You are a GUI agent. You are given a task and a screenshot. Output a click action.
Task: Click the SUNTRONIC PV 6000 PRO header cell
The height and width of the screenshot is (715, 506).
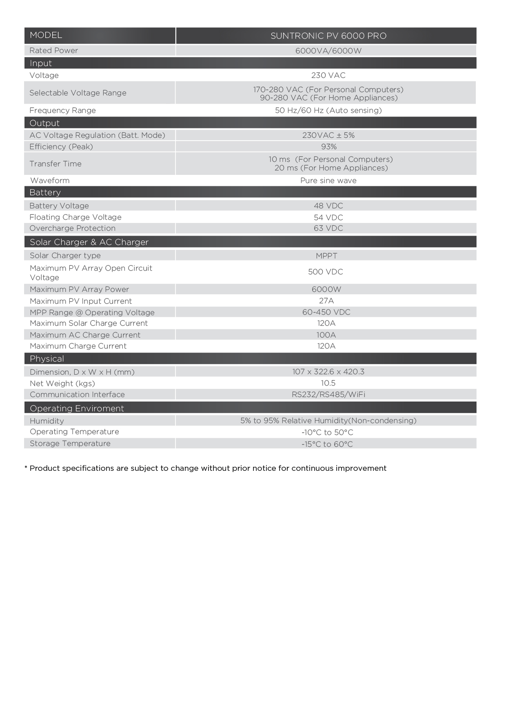click(x=328, y=36)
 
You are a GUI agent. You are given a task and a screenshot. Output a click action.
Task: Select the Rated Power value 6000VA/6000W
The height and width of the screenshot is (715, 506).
click(x=328, y=51)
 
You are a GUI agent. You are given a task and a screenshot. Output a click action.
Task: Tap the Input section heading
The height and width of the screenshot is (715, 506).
click(x=41, y=63)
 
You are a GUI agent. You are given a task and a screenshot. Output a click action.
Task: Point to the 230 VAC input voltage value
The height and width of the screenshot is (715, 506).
click(x=328, y=75)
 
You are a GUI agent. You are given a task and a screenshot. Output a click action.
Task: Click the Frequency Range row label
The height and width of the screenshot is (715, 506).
click(x=62, y=110)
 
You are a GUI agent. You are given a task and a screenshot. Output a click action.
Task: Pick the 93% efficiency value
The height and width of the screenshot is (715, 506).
click(x=328, y=147)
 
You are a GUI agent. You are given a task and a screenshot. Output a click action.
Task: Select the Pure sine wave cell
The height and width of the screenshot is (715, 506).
click(x=328, y=181)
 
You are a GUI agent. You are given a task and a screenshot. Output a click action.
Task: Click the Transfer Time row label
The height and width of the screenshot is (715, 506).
click(x=55, y=164)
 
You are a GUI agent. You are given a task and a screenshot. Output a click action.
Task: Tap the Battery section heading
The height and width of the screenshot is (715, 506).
click(x=45, y=192)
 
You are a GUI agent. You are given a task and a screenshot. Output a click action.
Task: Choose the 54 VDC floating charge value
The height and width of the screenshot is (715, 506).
click(x=328, y=218)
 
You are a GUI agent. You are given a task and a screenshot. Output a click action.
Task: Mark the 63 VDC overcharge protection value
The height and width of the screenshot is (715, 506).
click(x=328, y=228)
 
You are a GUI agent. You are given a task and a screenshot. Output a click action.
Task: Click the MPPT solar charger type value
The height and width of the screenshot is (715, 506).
click(x=326, y=256)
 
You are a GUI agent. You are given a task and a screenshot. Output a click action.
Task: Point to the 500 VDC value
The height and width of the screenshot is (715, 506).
click(x=325, y=272)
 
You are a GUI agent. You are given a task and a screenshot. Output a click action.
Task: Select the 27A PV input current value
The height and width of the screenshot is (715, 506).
click(x=326, y=301)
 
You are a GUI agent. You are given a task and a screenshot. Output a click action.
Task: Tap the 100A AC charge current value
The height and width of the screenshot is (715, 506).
click(x=326, y=335)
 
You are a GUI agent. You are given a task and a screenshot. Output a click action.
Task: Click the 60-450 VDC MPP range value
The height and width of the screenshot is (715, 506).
click(x=326, y=312)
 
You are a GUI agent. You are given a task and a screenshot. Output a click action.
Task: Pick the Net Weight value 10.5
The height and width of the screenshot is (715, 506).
click(x=328, y=383)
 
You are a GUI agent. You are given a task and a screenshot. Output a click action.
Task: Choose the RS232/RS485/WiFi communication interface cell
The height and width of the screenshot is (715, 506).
click(x=328, y=395)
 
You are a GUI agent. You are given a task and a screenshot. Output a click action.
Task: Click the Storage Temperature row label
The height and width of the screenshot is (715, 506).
click(x=70, y=444)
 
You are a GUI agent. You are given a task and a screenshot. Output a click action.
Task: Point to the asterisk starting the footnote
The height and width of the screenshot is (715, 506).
click(x=26, y=467)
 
